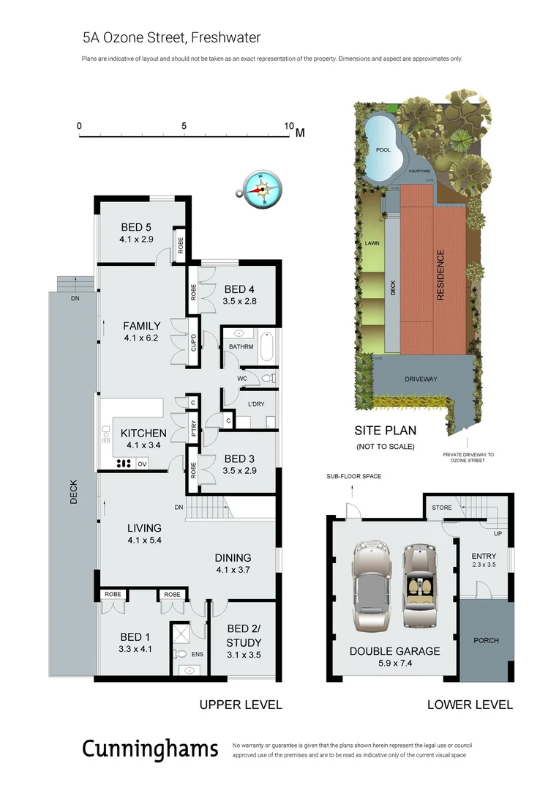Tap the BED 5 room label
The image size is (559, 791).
136,227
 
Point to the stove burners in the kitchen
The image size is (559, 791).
123,463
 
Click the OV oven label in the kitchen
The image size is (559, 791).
143,464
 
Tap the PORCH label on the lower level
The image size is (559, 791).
486,640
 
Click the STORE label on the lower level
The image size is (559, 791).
441,508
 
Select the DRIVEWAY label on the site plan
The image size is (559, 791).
421,379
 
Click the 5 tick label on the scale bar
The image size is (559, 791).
184,125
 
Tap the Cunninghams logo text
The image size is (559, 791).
150,749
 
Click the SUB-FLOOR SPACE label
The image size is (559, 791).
354,477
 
